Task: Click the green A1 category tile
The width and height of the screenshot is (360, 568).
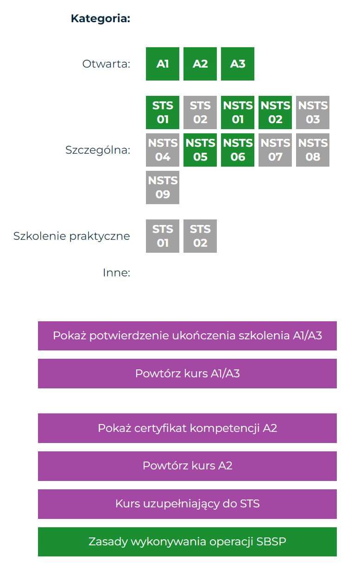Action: coord(163,64)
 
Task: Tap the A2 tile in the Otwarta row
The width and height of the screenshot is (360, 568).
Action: coord(200,64)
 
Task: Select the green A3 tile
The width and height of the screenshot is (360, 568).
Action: coord(238,64)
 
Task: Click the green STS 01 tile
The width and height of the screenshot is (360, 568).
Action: coord(163,112)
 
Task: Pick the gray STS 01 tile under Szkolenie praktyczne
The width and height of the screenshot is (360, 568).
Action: coord(163,236)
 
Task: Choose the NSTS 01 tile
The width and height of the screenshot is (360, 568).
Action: coord(238,112)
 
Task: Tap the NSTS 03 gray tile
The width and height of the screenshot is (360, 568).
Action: coord(313,112)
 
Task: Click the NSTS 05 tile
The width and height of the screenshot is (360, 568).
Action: coord(200,150)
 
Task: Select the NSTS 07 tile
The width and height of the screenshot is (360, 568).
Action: coord(275,150)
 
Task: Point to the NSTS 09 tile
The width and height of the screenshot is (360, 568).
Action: coord(163,187)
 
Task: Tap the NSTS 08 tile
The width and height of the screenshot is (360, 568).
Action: coord(313,150)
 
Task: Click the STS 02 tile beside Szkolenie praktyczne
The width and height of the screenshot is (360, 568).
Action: coord(200,236)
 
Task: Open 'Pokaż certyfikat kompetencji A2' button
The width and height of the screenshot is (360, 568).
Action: coord(187,428)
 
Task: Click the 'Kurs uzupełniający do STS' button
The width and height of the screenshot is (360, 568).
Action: coord(187,504)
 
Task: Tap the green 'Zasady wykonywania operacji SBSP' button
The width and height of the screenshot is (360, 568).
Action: coord(187,542)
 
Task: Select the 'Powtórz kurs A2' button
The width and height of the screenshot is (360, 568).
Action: coord(187,466)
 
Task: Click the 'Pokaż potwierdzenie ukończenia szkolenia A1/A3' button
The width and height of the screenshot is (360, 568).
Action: coord(187,336)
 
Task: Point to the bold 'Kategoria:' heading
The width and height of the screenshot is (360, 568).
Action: coord(101,19)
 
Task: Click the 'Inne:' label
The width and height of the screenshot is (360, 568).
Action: coord(117,273)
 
